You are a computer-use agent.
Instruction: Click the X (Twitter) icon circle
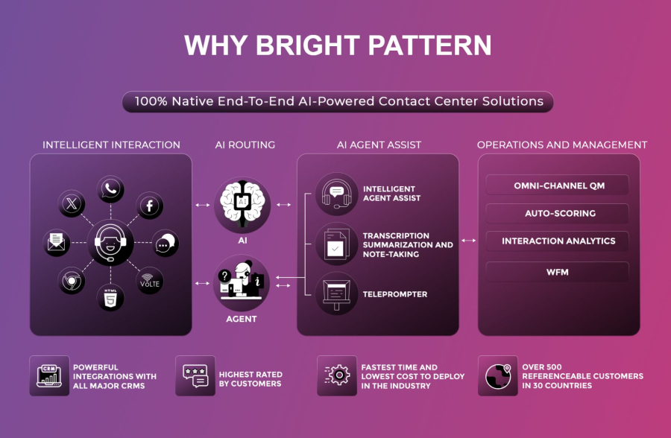click(x=72, y=204)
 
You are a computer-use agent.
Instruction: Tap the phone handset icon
click(x=111, y=189)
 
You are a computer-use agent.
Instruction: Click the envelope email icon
click(x=57, y=243)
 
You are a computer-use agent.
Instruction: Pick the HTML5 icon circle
click(x=110, y=296)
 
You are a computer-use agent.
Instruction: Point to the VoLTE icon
click(x=150, y=281)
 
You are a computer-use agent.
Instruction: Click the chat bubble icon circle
click(x=165, y=243)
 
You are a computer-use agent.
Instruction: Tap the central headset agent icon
click(x=110, y=243)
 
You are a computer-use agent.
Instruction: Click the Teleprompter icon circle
click(x=337, y=294)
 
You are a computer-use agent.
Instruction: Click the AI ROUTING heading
click(x=243, y=145)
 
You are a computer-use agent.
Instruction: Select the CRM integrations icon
click(x=49, y=375)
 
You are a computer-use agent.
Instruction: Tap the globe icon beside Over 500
click(x=498, y=375)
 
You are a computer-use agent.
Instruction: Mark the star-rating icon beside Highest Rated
click(x=195, y=375)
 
